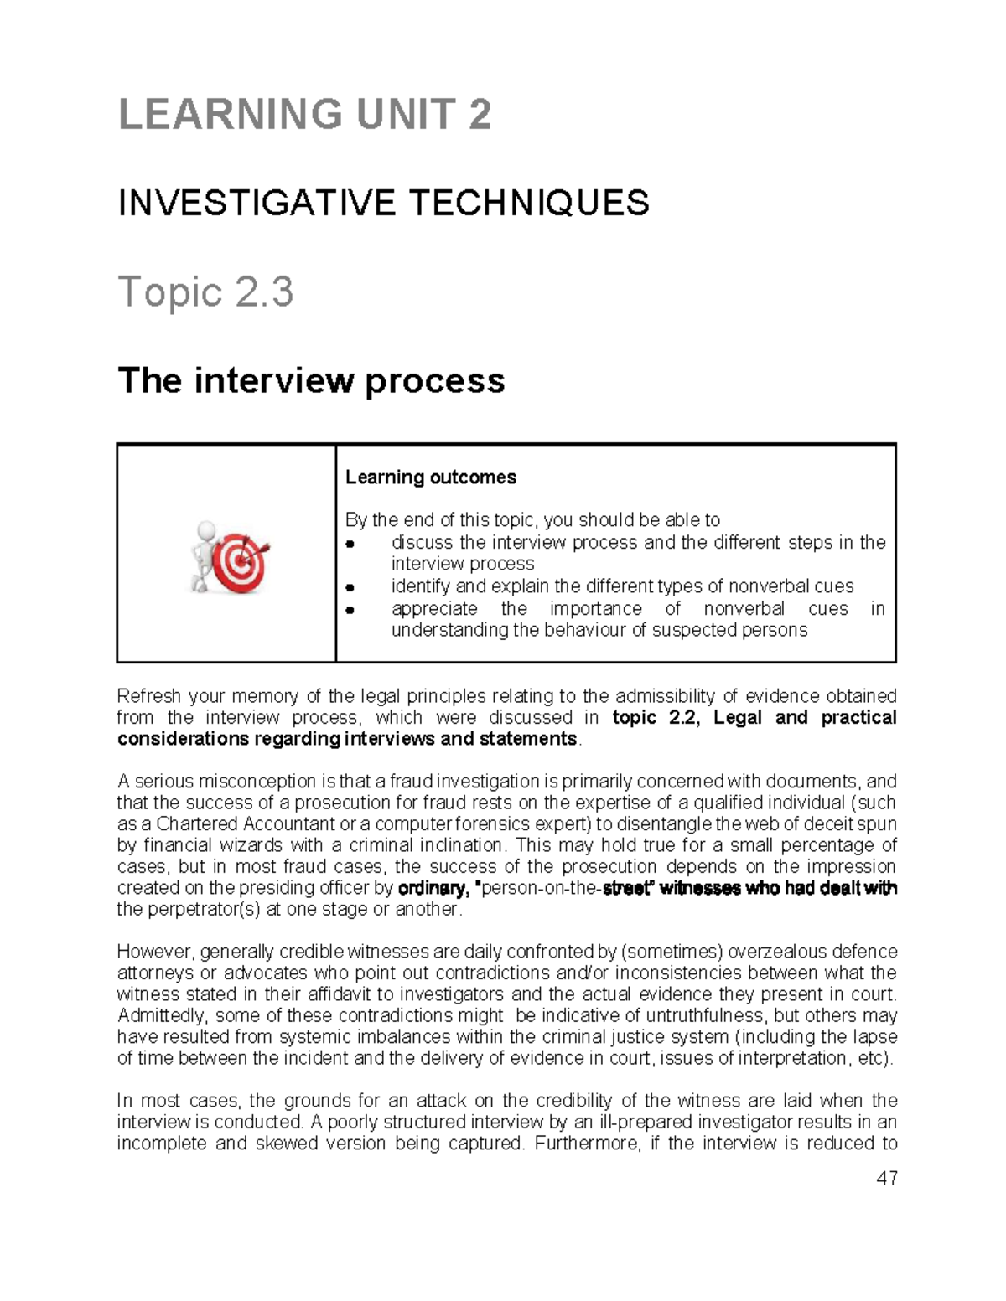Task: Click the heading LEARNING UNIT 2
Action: (x=304, y=115)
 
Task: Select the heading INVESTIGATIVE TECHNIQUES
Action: (x=383, y=203)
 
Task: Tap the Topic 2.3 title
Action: (x=205, y=292)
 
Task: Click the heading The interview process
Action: (x=311, y=380)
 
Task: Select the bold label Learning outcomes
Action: (x=430, y=478)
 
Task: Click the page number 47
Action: (x=886, y=1179)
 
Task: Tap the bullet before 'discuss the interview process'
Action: (x=352, y=544)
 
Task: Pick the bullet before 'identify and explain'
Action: (x=352, y=587)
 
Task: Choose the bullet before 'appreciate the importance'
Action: (x=352, y=610)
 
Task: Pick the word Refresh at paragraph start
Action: (x=147, y=696)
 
